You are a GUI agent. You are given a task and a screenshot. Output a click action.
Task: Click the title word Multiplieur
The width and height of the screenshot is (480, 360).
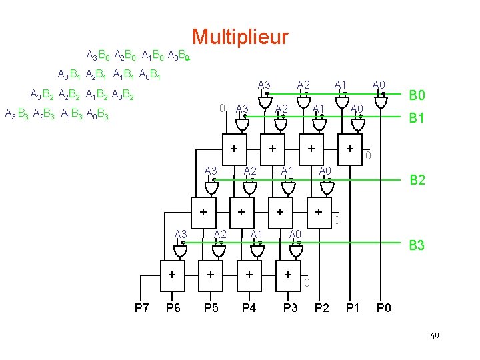[240, 37]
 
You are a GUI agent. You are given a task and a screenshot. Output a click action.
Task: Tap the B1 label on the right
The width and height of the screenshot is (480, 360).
[417, 118]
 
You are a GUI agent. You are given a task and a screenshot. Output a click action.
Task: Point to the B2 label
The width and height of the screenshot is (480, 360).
[417, 179]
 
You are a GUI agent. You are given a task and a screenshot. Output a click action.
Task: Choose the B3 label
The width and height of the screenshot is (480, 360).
[417, 246]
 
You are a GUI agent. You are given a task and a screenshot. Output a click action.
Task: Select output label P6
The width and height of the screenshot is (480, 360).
[173, 307]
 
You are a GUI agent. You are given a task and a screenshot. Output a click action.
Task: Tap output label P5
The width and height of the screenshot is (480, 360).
[211, 307]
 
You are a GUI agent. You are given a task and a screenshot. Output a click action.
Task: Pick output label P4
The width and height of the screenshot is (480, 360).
[249, 307]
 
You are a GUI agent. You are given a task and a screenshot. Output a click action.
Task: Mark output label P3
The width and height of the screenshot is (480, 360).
[291, 307]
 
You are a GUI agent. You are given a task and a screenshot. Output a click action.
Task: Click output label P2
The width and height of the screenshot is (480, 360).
[322, 307]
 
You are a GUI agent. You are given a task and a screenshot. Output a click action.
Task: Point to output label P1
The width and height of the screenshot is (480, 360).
[353, 307]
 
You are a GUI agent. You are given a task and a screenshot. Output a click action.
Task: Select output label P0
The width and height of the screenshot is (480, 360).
[385, 307]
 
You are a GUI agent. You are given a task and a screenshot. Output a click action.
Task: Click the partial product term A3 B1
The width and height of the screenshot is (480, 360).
[70, 74]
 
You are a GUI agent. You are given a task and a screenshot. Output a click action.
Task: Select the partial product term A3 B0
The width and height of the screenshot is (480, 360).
[99, 54]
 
